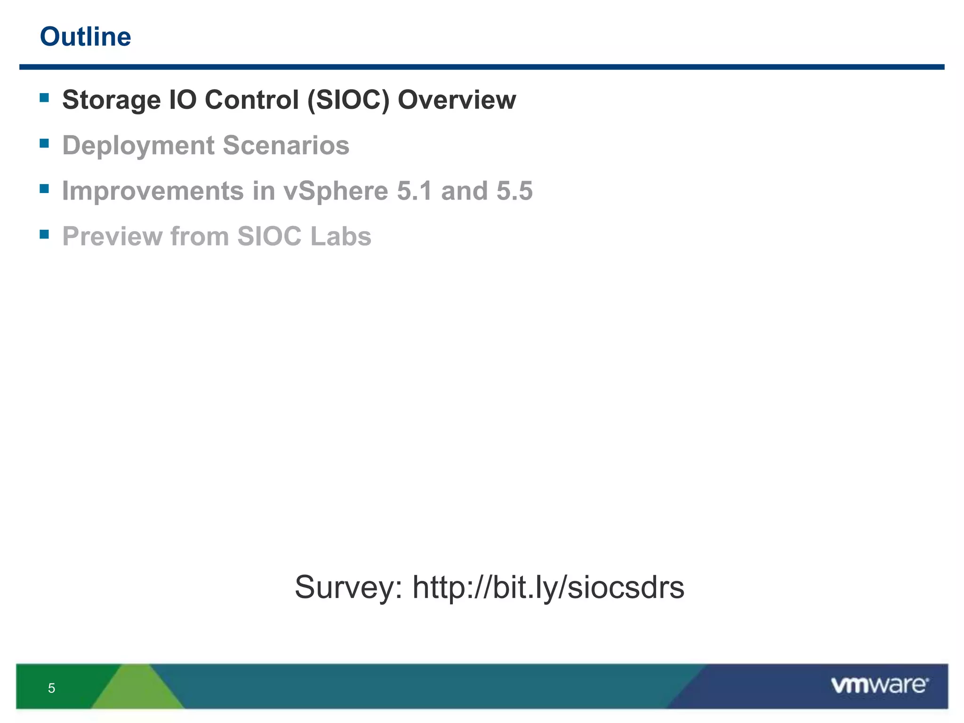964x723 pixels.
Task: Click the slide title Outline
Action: [x=85, y=37]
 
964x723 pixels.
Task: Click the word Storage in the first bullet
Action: [x=111, y=100]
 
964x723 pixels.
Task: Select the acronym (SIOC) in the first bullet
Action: [x=348, y=100]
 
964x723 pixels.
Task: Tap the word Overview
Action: [x=457, y=100]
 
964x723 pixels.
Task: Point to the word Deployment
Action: [x=138, y=146]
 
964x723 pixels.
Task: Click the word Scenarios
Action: [x=286, y=145]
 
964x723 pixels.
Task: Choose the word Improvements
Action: [x=153, y=191]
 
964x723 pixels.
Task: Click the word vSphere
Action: [x=336, y=191]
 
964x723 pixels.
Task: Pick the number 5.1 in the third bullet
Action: [x=414, y=191]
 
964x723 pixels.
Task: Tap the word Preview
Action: [x=112, y=236]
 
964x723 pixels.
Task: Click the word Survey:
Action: [x=348, y=587]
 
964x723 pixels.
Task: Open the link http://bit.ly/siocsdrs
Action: [x=548, y=587]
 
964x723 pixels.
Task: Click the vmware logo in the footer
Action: [x=879, y=685]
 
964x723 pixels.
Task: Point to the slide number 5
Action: [x=51, y=688]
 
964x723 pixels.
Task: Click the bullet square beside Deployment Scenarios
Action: [x=45, y=143]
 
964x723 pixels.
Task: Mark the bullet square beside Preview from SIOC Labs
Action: [x=45, y=234]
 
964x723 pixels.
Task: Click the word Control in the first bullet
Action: [x=252, y=100]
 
